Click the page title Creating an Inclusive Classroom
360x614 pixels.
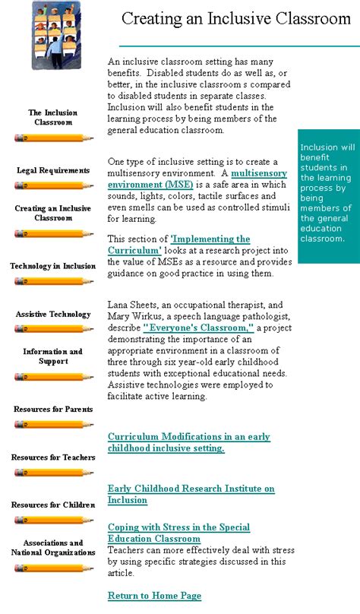coord(235,19)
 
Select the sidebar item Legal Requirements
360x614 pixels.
coord(53,170)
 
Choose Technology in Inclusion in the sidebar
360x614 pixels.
coord(53,266)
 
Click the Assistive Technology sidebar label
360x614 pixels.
coord(53,314)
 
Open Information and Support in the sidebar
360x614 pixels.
coord(53,356)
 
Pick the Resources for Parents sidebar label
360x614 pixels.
coord(53,410)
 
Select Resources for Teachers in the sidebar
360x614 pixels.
coord(53,457)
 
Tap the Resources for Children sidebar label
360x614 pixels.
coord(53,505)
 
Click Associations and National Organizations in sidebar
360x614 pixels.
coord(53,548)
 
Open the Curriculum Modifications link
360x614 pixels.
coord(188,442)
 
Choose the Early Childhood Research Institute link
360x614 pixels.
coord(191,494)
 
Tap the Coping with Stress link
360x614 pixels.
coord(178,533)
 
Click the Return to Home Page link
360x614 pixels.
coord(154,596)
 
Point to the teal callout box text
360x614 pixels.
coord(328,193)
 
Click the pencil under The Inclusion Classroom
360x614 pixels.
coord(53,138)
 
